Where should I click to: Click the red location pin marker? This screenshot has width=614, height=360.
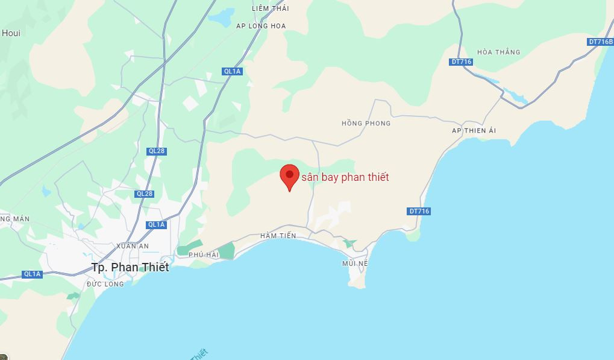point(290,176)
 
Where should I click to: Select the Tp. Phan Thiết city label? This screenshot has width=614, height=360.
point(130,267)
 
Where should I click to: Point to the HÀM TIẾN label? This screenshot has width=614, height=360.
point(278,236)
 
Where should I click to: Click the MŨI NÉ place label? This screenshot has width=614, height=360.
point(354,264)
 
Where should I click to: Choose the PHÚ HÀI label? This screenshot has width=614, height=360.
point(203,255)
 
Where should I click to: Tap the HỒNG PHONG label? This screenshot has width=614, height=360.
point(366,124)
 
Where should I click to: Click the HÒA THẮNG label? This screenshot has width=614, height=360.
point(498,52)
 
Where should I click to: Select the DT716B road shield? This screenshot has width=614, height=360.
point(600,42)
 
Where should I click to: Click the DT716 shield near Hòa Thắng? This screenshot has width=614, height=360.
point(461,62)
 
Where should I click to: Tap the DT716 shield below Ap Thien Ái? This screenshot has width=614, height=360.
point(419,211)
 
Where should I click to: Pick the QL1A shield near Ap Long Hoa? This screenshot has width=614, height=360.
point(232,71)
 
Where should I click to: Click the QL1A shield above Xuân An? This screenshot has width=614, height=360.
point(156,224)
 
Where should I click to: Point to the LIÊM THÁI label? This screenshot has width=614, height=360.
point(271,8)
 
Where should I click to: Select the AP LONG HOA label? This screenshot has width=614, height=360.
point(261,26)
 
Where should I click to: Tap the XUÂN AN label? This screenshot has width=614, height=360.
point(132,246)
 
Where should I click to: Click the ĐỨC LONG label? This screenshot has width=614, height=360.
point(105,284)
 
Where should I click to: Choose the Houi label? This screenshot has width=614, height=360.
point(11,33)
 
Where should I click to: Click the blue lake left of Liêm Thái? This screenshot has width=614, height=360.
point(219,17)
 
